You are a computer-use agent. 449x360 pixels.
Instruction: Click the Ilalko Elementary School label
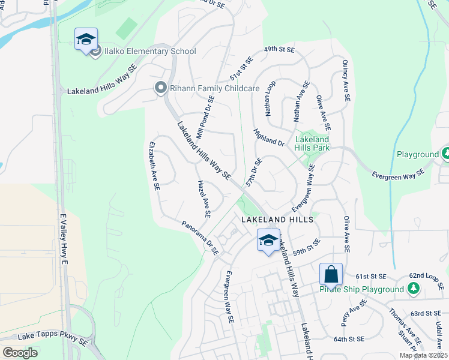pyautogui.click(x=145, y=52)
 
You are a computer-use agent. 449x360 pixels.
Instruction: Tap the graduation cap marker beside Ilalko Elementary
pyautogui.click(x=86, y=40)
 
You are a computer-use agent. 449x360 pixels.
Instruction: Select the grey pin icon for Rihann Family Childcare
pyautogui.click(x=160, y=88)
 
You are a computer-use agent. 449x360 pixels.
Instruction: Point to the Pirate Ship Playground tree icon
pyautogui.click(x=413, y=289)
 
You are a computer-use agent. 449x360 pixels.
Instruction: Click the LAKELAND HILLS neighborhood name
pyautogui.click(x=277, y=220)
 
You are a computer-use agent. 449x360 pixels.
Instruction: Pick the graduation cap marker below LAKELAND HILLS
pyautogui.click(x=268, y=241)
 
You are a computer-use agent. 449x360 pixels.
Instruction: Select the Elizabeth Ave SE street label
pyautogui.click(x=154, y=166)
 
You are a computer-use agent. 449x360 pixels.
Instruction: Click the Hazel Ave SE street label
pyautogui.click(x=203, y=198)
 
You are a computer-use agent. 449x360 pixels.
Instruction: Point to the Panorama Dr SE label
pyautogui.click(x=200, y=237)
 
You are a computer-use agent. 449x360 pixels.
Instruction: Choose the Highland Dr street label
pyautogui.click(x=268, y=138)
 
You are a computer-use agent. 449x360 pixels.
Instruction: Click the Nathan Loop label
pyautogui.click(x=270, y=98)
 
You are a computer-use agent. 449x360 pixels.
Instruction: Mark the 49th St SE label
pyautogui.click(x=280, y=49)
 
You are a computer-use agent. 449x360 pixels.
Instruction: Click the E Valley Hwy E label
pyautogui.click(x=63, y=238)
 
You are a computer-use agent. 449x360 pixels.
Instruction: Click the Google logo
pyautogui.click(x=19, y=352)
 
